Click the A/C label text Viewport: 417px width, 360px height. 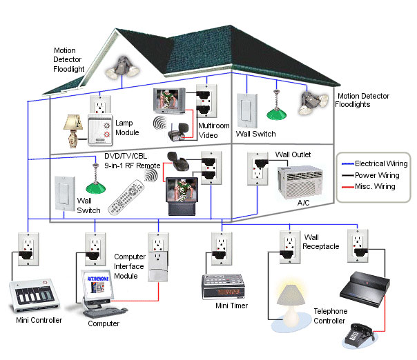302,203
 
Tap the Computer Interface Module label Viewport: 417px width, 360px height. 130,267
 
